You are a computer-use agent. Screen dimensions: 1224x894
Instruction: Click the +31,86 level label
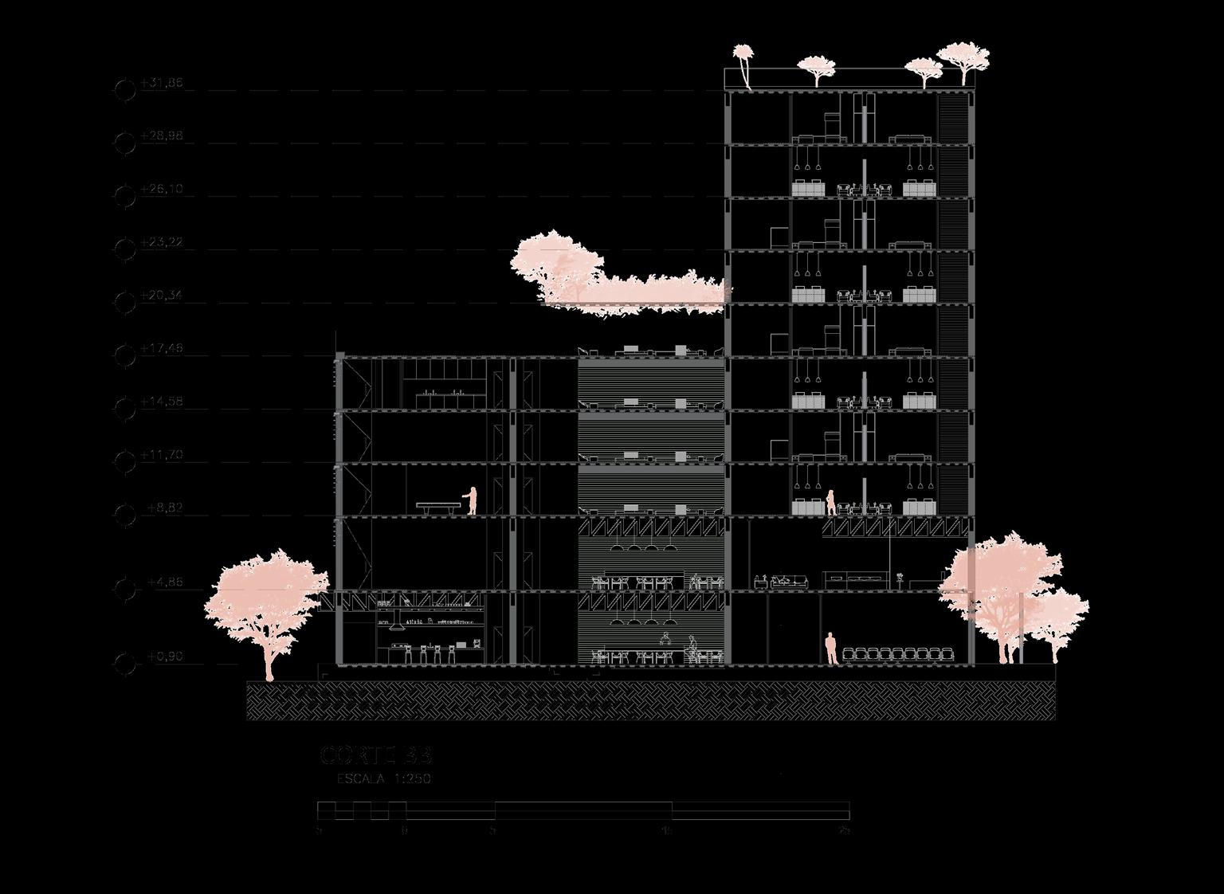(162, 82)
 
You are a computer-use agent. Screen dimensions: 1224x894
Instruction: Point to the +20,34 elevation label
(162, 296)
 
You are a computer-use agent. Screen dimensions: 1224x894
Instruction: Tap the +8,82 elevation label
(165, 508)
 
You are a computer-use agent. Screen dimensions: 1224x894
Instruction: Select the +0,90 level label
(165, 657)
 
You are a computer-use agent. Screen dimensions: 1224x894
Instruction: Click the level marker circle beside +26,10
(125, 196)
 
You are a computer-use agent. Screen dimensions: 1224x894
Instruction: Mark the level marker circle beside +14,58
(125, 409)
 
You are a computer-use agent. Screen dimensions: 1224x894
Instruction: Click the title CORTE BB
(376, 755)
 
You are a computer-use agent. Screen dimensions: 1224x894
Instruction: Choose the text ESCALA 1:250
(384, 778)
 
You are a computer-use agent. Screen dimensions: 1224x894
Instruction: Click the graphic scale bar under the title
(583, 811)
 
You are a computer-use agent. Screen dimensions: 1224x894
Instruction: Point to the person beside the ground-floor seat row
(830, 648)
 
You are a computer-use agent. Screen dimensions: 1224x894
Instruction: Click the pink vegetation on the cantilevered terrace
(614, 275)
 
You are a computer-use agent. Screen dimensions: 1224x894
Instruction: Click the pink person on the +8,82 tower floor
(830, 503)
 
